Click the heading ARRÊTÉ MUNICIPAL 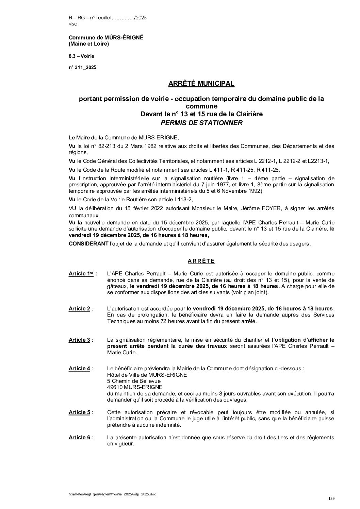[x=201, y=83]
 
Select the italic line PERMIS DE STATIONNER [x=201, y=123]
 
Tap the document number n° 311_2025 [x=82, y=67]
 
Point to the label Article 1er [x=82, y=273]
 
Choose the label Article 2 [x=80, y=309]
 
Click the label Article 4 [x=80, y=369]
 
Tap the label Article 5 [x=80, y=412]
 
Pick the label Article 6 [x=80, y=438]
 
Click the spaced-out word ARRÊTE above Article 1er [x=201, y=261]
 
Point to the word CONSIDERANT [x=86, y=244]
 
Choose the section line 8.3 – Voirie [x=81, y=56]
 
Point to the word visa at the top [x=73, y=24]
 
